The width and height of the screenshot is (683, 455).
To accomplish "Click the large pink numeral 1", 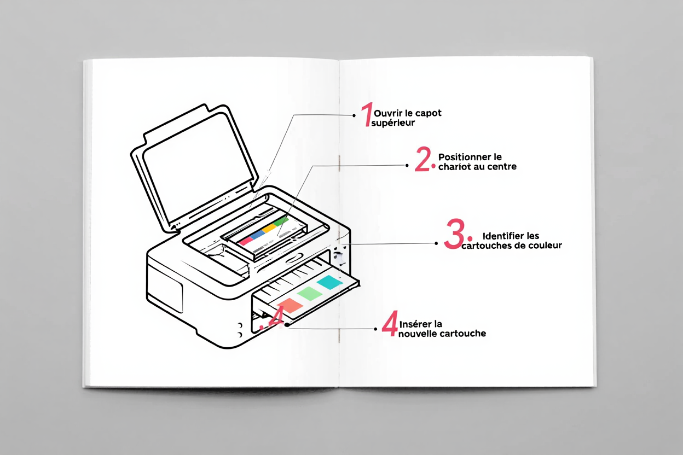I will point(366,116).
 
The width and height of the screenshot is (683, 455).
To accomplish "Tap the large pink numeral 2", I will point(424,160).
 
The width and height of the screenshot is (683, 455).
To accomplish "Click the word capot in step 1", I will point(429,113).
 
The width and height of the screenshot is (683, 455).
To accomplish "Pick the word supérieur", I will point(393,123).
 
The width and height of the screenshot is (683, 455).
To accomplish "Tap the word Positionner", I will point(463,157).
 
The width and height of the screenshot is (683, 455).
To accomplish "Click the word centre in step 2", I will point(501,166).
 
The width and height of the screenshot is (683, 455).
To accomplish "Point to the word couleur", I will point(545,246).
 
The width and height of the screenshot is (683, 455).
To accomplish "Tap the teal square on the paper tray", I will point(329,282).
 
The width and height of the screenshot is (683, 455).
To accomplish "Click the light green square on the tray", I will point(309,293).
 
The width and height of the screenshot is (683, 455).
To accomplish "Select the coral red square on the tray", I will point(290,306).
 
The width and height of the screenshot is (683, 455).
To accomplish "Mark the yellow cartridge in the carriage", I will point(268,229).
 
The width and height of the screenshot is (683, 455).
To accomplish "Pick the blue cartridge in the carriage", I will point(257,235).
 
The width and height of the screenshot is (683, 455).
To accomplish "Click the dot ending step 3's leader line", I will point(437,243).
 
